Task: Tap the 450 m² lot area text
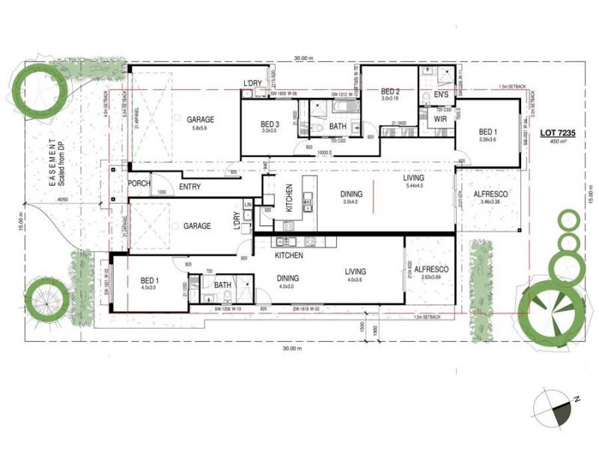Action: (x=560, y=141)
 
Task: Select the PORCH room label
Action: (x=139, y=183)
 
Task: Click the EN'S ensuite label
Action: (x=441, y=96)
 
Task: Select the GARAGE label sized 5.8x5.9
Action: (x=201, y=119)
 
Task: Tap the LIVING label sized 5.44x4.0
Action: (x=413, y=179)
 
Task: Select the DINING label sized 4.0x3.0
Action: (x=288, y=278)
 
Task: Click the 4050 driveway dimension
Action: (x=63, y=200)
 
